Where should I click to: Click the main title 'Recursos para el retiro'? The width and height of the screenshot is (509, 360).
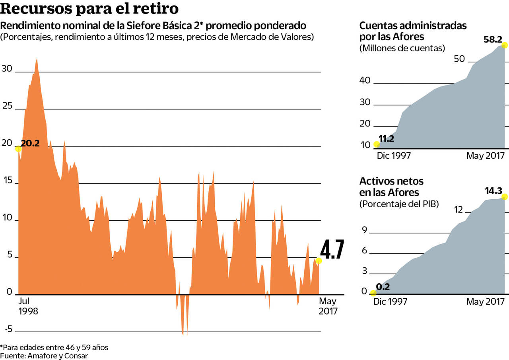89,9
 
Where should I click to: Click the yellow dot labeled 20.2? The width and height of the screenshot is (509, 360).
18,148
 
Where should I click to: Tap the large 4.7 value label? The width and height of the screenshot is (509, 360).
332,250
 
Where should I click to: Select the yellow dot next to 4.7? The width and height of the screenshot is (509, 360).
319,261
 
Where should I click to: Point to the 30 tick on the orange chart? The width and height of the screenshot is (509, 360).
7,68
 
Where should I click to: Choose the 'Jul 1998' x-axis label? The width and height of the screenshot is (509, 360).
28,306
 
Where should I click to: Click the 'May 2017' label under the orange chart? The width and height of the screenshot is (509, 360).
328,306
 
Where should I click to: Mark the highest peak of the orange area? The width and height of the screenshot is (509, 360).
37,59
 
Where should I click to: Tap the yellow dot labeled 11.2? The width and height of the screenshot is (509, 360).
377,144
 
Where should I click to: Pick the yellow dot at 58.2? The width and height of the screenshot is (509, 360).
505,45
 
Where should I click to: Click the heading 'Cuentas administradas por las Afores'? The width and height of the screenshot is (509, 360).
413,31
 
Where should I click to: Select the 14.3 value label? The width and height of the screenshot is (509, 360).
493,191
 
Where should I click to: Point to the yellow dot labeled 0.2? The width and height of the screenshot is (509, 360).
373,293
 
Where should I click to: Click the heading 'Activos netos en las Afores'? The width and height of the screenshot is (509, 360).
391,187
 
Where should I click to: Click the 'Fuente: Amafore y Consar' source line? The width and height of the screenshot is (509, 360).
44,356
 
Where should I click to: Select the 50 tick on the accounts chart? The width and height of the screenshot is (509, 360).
459,59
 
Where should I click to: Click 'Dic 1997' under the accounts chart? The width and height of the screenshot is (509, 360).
393,156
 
